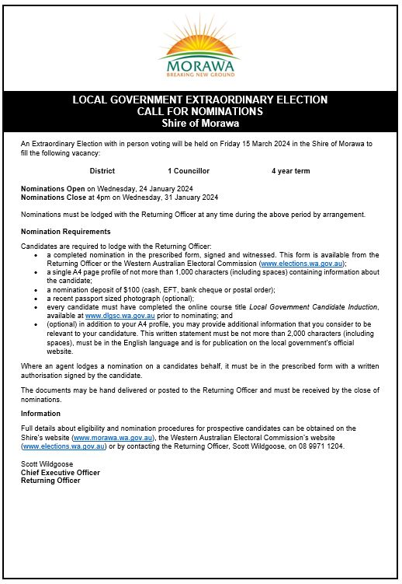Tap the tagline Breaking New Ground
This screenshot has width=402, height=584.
pyautogui.click(x=200, y=75)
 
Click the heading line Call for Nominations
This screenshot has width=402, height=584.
pyautogui.click(x=200, y=111)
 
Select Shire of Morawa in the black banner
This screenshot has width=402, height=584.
pyautogui.click(x=200, y=123)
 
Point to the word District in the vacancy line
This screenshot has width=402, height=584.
pyautogui.click(x=102, y=170)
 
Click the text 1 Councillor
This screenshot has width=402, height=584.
pyautogui.click(x=189, y=170)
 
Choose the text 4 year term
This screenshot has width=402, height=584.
pyautogui.click(x=291, y=170)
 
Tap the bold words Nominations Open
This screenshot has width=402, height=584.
pyautogui.click(x=53, y=189)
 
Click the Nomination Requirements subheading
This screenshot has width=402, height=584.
pyautogui.click(x=66, y=232)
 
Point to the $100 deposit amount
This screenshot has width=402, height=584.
pyautogui.click(x=118, y=289)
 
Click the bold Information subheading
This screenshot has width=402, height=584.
pyautogui.click(x=40, y=414)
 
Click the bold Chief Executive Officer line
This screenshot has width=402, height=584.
pyautogui.click(x=61, y=472)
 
